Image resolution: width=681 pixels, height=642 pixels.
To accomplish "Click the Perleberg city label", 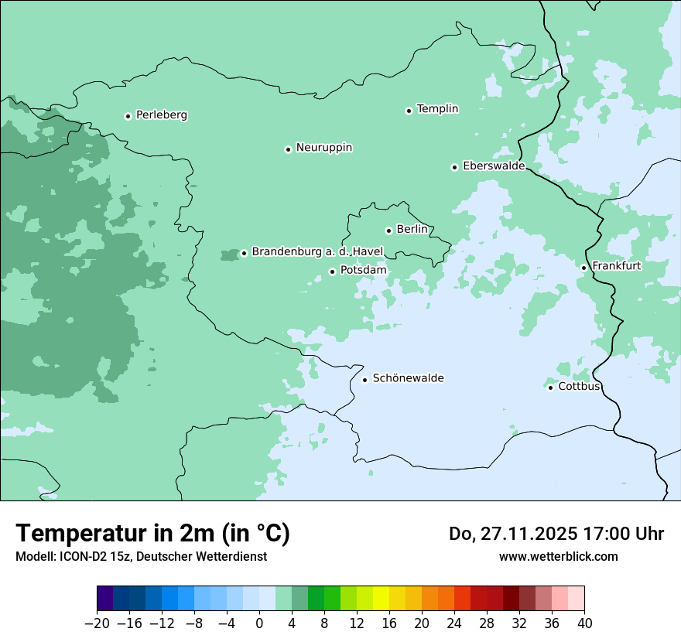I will (x=161, y=115).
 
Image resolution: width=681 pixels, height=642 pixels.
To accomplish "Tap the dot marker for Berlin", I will (x=388, y=231).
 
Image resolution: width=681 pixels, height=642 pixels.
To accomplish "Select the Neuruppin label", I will (x=323, y=148).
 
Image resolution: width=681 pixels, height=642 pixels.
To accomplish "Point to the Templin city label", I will (x=437, y=109).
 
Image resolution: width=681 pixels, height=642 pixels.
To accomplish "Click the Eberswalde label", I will (x=493, y=166).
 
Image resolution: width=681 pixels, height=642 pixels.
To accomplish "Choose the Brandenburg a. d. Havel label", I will (x=317, y=252).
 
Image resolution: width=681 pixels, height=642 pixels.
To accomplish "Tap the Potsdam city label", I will (x=363, y=271).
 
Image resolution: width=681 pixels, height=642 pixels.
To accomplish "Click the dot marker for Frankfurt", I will (x=584, y=268).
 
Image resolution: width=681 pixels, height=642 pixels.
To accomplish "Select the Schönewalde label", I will (x=408, y=378).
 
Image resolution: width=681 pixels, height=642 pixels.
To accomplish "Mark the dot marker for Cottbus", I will (x=550, y=387).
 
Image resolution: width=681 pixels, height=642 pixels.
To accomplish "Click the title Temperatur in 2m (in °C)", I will (x=152, y=534).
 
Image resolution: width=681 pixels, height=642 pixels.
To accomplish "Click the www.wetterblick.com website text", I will (x=558, y=556).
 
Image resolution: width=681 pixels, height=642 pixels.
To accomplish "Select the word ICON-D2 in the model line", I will (x=83, y=556).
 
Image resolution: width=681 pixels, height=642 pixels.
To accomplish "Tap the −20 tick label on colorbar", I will (x=97, y=623).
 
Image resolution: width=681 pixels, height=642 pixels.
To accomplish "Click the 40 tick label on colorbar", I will (x=584, y=623).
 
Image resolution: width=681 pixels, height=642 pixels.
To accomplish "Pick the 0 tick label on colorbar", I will (x=259, y=623).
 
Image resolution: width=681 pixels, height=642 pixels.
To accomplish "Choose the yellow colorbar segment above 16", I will (x=381, y=599).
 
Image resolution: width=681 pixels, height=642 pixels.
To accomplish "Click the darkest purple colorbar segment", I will (x=105, y=599).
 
